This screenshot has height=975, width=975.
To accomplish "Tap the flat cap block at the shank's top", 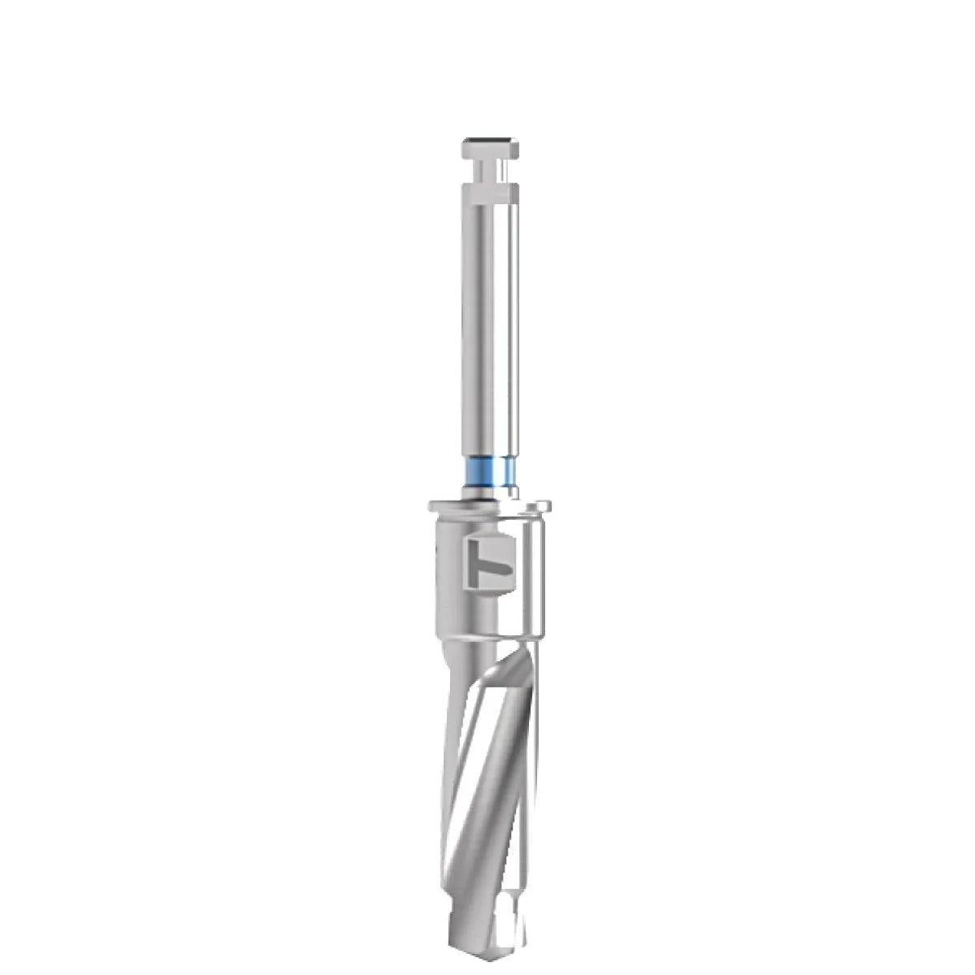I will click(x=490, y=149).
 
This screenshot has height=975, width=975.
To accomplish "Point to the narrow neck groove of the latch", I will click(x=490, y=173).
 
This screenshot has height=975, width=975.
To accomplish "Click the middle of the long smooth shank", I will click(x=490, y=325).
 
